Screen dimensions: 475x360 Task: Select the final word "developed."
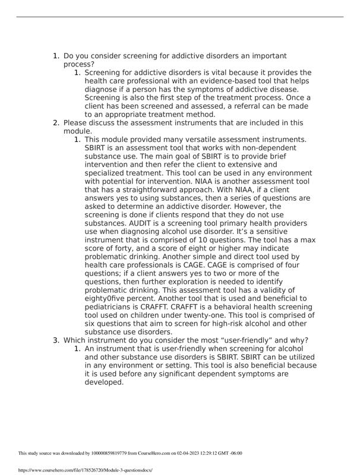click(104, 382)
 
